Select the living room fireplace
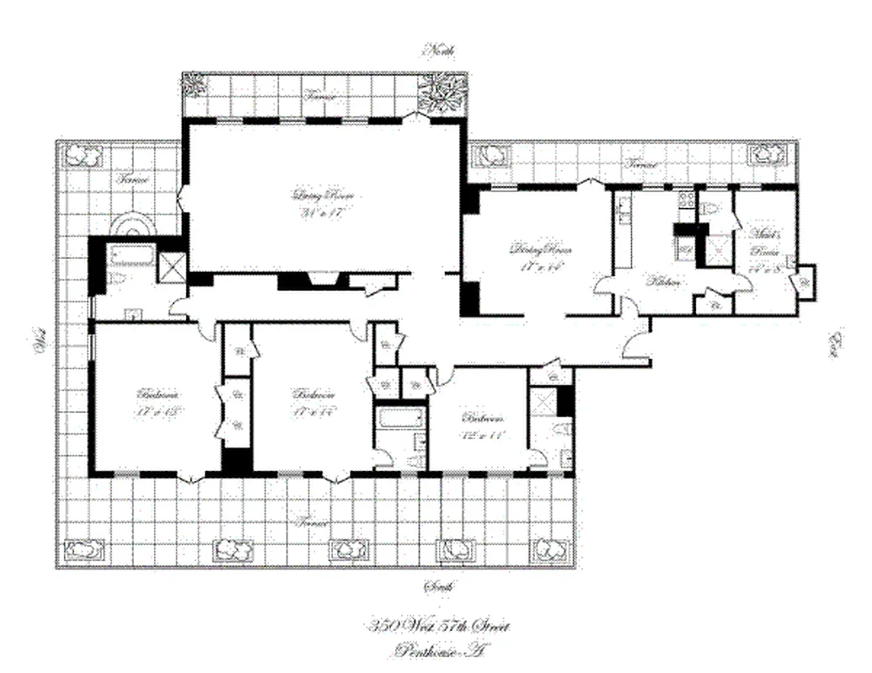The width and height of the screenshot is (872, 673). click(x=322, y=281)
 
